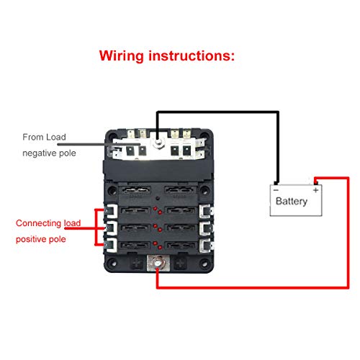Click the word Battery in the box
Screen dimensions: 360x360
coord(291,201)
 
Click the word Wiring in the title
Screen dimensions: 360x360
coord(127,55)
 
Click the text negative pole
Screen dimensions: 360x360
coord(49,153)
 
